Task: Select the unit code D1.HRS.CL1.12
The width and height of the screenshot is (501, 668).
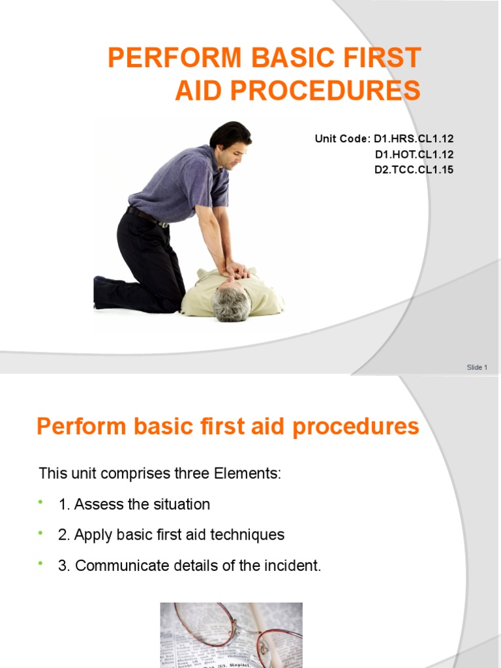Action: (x=413, y=139)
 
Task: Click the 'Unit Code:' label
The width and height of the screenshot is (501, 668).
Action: (x=342, y=139)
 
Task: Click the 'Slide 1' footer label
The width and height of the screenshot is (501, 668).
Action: (x=477, y=367)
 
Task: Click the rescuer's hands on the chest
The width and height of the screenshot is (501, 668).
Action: (x=236, y=270)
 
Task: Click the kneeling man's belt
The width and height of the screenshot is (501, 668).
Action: (x=146, y=217)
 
